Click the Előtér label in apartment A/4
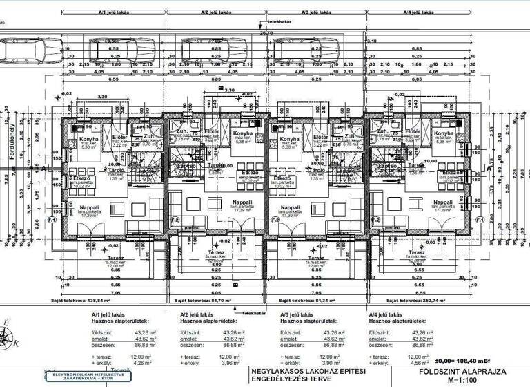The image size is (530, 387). coord(413,132)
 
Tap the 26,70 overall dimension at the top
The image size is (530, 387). coord(265,32)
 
